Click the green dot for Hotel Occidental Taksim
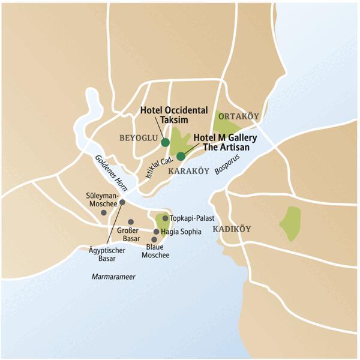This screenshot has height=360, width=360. click(165, 142)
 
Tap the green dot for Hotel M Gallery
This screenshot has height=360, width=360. click(181, 156)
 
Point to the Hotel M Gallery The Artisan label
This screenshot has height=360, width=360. click(225, 142)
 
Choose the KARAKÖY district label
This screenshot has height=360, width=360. click(190, 171)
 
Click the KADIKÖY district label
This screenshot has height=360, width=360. click(232, 229)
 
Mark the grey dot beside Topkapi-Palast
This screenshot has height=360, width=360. click(166, 218)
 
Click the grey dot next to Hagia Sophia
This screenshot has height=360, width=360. click(157, 232)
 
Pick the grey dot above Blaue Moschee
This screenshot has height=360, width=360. click(154, 239)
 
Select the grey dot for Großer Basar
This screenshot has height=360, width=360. click(131, 221)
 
